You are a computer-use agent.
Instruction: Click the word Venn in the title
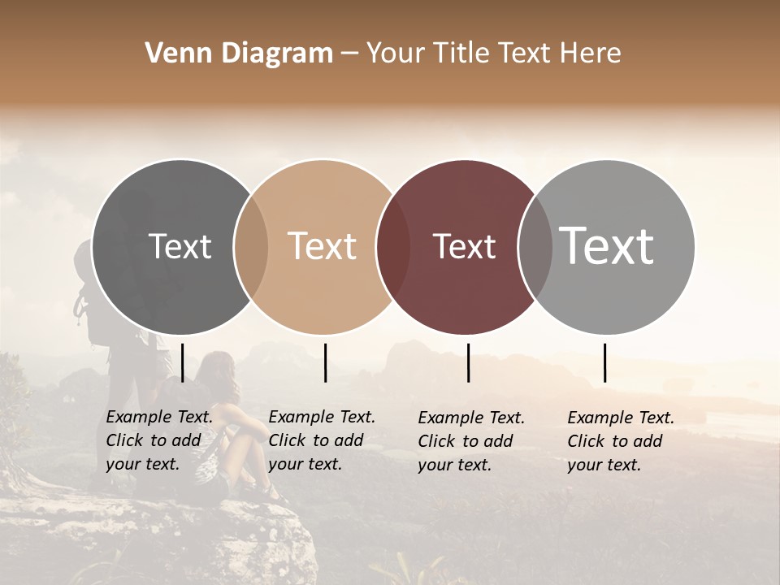171,54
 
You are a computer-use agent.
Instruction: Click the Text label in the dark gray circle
180,246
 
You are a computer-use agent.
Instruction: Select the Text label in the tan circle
323,246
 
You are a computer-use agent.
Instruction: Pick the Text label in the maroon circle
465,246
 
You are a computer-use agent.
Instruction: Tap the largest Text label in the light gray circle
607,246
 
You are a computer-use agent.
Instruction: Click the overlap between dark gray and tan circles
251,247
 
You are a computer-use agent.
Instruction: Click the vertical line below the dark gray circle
183,362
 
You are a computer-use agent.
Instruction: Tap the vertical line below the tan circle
325,362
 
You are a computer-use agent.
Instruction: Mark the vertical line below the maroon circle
469,362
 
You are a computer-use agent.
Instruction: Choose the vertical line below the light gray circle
605,362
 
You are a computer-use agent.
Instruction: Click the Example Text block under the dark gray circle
158,441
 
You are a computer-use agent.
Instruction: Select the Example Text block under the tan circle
321,441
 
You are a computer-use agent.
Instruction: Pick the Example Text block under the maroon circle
470,441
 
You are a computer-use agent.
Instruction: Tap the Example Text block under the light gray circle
620,441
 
